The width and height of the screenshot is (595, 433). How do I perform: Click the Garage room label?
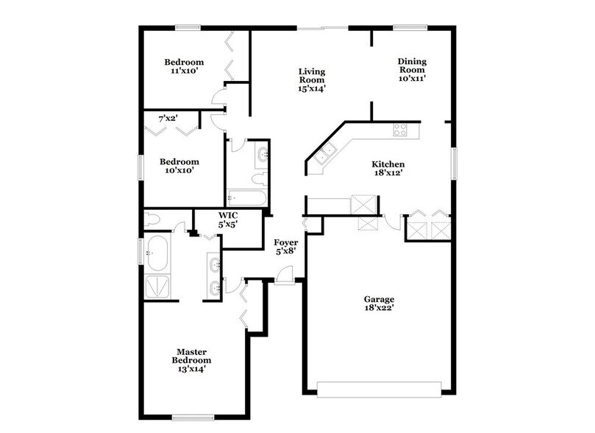coord(379,304)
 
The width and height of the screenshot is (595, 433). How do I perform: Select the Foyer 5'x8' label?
coord(285,247)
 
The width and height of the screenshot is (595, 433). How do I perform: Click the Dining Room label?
coord(412,69)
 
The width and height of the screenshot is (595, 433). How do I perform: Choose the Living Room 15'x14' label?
coord(312,80)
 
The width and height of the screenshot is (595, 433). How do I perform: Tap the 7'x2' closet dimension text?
coord(168,118)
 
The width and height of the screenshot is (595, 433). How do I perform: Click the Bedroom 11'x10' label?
coord(184,67)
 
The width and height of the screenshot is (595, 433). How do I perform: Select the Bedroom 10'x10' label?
coord(180,166)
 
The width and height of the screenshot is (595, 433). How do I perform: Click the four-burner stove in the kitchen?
coord(401,130)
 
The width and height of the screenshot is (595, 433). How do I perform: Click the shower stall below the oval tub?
coord(160,286)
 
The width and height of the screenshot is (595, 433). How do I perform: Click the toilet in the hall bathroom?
coord(258,178)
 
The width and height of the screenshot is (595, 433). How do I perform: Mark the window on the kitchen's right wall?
coord(455,163)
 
